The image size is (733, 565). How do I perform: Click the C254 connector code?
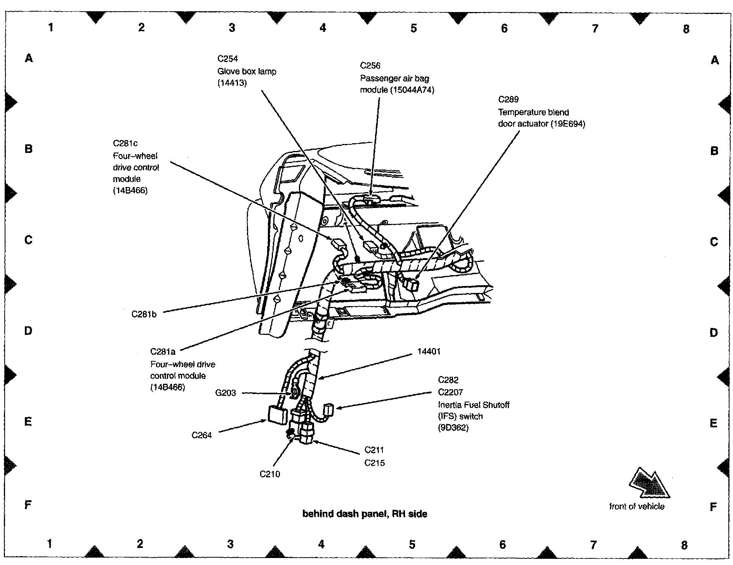point(228,59)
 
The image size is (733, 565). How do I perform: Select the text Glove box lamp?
point(247,71)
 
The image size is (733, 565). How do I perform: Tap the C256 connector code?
point(370,66)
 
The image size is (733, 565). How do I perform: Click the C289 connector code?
point(508,99)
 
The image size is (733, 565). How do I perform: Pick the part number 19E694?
point(568,124)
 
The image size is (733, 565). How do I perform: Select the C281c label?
point(125,143)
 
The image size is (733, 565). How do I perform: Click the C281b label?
point(144,314)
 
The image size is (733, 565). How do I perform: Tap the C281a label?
point(163,352)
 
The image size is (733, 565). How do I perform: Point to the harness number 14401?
point(429,352)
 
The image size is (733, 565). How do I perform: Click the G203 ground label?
point(226,393)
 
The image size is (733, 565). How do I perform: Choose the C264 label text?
point(201,435)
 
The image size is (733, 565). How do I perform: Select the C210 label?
point(269,474)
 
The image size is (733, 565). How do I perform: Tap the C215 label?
point(374,463)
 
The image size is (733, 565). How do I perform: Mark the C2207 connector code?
point(450,392)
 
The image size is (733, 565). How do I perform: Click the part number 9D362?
point(453,428)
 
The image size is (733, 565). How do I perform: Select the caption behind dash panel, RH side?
point(365,514)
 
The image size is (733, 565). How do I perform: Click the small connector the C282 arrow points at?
point(328,409)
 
